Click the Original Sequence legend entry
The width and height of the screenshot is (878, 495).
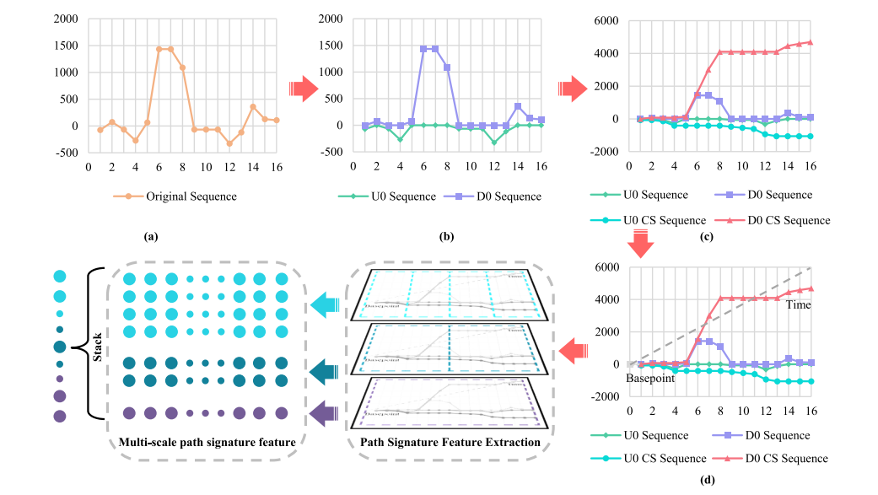coord(184,196)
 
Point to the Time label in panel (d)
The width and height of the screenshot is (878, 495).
coord(798,304)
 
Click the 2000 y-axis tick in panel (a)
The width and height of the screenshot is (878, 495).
coord(65,18)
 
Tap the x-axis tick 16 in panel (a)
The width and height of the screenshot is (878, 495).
coord(276,167)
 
